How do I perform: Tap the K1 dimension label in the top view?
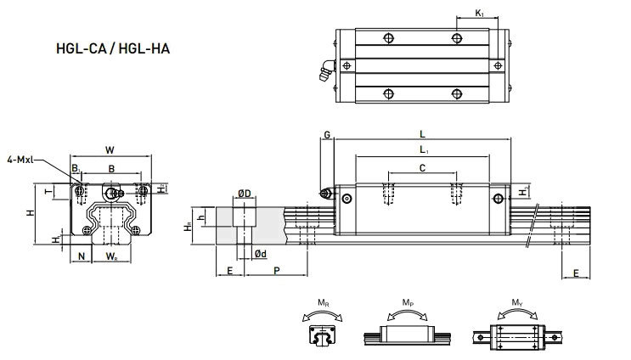click(481, 13)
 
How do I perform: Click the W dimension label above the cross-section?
click(110, 150)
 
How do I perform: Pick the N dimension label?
click(82, 255)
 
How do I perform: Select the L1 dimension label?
click(421, 150)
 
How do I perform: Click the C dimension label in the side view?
click(421, 168)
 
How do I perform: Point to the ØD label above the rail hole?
click(244, 194)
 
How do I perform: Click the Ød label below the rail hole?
click(262, 254)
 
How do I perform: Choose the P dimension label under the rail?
click(275, 270)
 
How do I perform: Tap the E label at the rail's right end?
click(577, 273)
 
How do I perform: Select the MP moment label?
click(408, 303)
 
